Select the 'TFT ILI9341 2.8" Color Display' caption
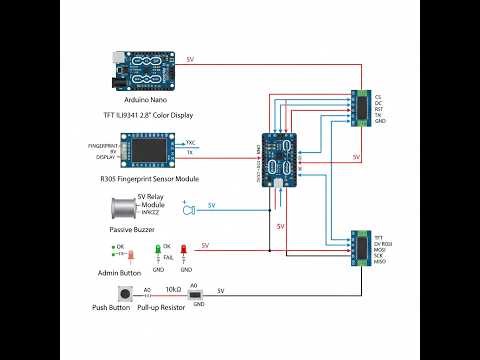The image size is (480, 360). pos(147,115)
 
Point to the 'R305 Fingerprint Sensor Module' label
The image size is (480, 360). pos(150,178)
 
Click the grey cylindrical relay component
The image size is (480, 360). pos(122,208)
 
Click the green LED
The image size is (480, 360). pos(157,248)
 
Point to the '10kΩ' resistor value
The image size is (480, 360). pos(172,289)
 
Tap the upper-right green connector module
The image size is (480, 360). pos(361,106)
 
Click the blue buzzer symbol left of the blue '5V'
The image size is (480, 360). pos(187,209)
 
